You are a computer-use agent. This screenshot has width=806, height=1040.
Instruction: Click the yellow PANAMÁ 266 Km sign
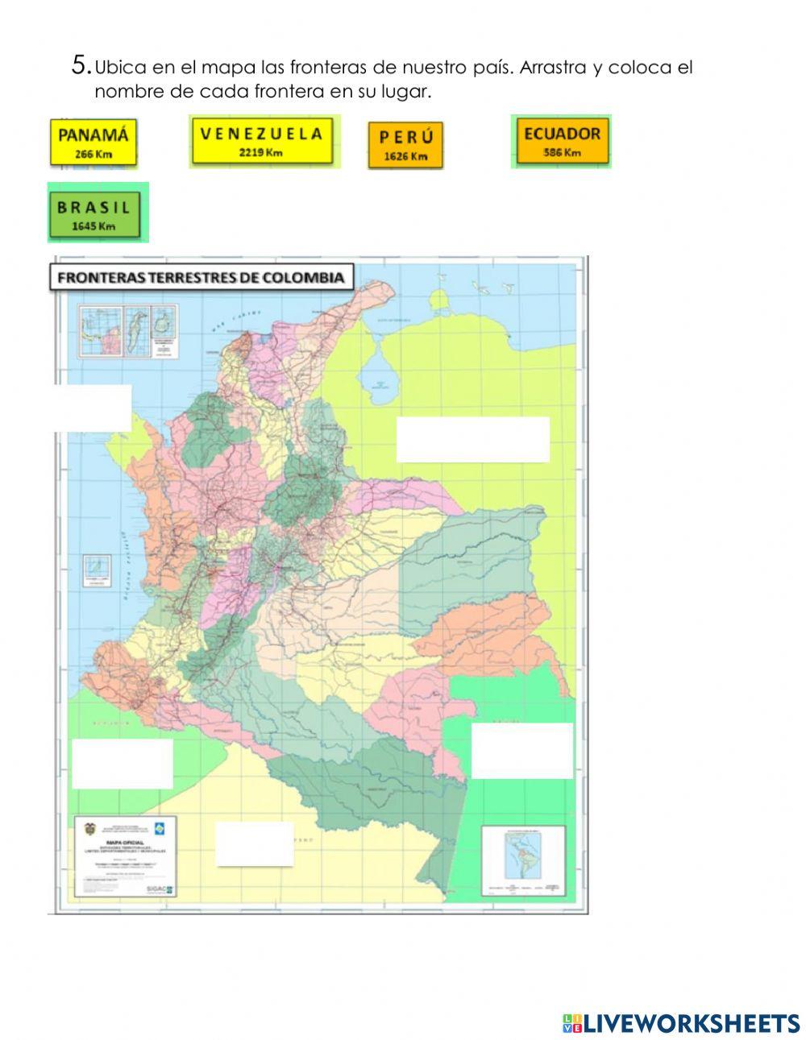pos(93,142)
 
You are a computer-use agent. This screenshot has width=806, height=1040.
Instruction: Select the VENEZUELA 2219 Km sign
pos(263,141)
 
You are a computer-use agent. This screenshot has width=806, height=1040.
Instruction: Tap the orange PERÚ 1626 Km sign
pos(405,145)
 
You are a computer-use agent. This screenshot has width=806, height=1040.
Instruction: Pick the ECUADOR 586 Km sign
pos(562,141)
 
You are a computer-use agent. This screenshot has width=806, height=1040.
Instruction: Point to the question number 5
pos(81,65)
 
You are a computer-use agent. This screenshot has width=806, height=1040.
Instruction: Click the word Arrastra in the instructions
pos(554,68)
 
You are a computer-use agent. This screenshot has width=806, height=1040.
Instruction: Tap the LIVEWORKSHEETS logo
pos(680,1023)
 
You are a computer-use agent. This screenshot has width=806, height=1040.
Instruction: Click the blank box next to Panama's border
pos(92,408)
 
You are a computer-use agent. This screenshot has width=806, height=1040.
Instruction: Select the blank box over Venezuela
pos(472,439)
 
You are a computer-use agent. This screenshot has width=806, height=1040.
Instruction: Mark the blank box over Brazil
pos(521,751)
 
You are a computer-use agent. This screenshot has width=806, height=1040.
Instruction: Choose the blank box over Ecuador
pos(123,764)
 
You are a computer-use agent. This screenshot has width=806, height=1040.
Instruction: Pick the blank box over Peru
pos(255,843)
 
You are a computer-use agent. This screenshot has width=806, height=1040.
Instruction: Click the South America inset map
pos(522,860)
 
